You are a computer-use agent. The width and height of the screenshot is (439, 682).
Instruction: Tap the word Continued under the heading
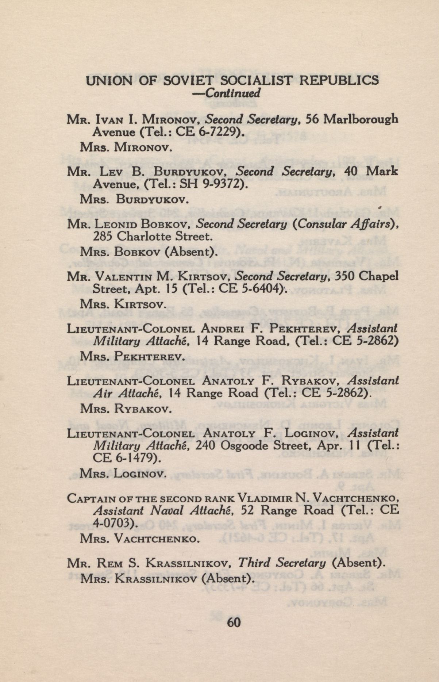(233, 93)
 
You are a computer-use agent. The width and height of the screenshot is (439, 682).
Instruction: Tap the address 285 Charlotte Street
(152, 237)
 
